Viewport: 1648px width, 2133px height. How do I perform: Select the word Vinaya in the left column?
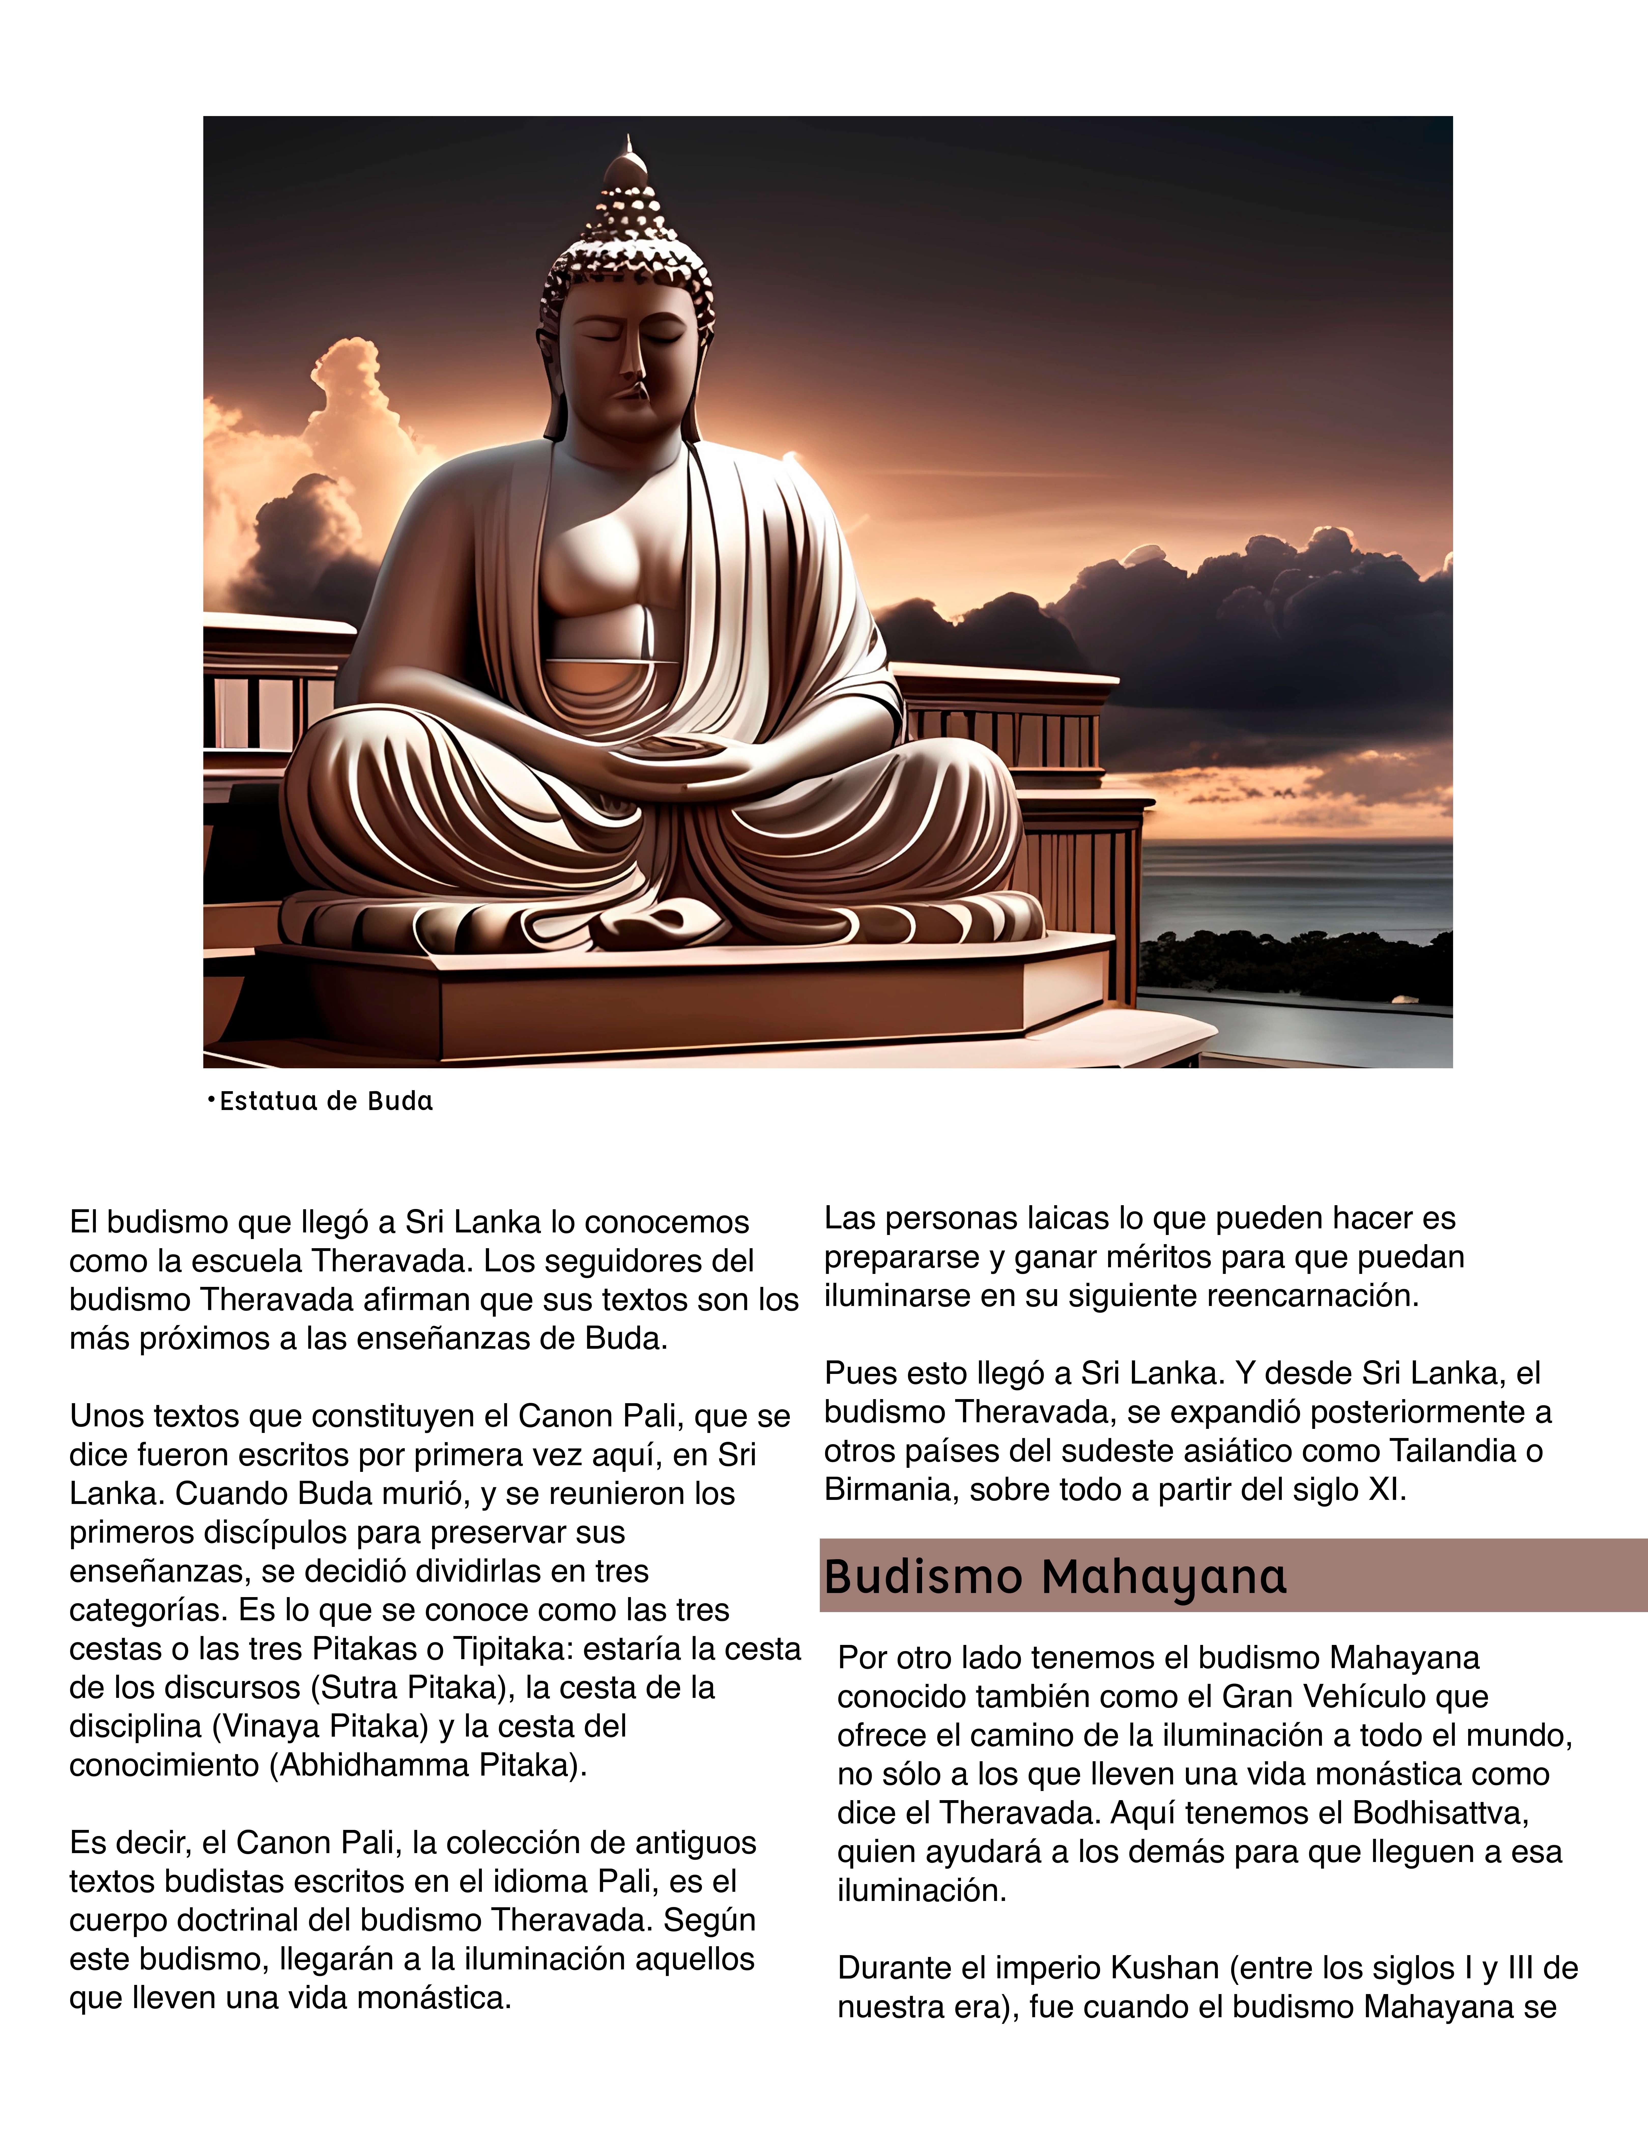(271, 1726)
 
